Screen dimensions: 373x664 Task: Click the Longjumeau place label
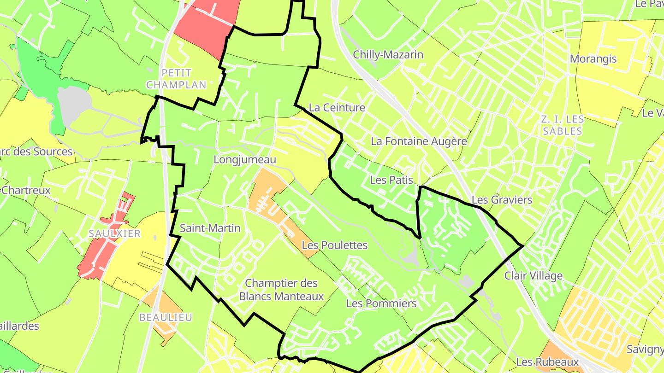pyautogui.click(x=245, y=160)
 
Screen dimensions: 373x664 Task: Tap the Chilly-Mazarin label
pyautogui.click(x=388, y=55)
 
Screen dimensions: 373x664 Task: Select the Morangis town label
pyautogui.click(x=593, y=59)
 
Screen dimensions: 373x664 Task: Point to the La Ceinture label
pyautogui.click(x=337, y=108)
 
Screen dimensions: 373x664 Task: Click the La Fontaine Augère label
pyautogui.click(x=419, y=141)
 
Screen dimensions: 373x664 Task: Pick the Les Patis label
pyautogui.click(x=391, y=180)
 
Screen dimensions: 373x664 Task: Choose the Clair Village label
pyautogui.click(x=533, y=276)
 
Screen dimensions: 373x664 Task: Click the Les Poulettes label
pyautogui.click(x=335, y=245)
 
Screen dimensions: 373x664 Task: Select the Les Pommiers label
pyautogui.click(x=381, y=303)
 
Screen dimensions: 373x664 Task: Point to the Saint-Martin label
pyautogui.click(x=210, y=228)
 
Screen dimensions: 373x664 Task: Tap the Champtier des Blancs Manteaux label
pyautogui.click(x=281, y=290)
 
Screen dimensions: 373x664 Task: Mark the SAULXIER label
pyautogui.click(x=115, y=233)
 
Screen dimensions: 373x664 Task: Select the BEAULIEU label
pyautogui.click(x=166, y=317)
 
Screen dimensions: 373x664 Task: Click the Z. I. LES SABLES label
pyautogui.click(x=563, y=125)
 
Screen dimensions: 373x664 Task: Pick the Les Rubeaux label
pyautogui.click(x=547, y=362)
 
